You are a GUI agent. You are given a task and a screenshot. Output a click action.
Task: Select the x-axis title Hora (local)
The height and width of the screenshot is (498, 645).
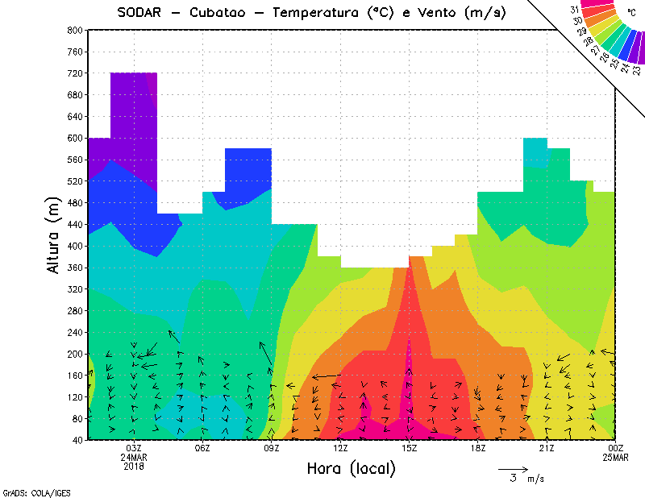(x=351, y=468)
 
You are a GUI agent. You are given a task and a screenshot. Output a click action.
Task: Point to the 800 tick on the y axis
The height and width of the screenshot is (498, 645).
(x=74, y=30)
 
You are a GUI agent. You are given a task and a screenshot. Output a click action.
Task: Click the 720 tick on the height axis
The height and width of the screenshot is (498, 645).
(x=74, y=73)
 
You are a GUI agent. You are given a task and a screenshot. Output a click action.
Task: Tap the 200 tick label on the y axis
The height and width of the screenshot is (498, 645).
(x=74, y=354)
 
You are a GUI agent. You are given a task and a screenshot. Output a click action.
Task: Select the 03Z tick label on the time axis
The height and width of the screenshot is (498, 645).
(x=134, y=448)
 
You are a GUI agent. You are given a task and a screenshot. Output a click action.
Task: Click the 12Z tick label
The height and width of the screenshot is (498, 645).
(x=341, y=448)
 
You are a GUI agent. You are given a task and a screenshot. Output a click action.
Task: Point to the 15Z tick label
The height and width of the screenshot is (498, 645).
(x=410, y=448)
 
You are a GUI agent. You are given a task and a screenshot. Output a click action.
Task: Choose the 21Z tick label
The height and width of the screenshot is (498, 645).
(x=547, y=448)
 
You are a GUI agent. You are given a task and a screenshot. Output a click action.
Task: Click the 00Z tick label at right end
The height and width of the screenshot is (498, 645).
(x=616, y=448)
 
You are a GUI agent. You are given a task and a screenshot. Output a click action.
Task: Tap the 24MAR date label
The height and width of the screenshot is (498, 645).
(x=134, y=457)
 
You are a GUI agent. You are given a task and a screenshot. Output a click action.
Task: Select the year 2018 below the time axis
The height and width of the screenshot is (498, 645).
(x=134, y=466)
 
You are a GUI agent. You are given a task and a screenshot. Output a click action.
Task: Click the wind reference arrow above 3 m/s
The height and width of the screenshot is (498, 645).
(x=513, y=468)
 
